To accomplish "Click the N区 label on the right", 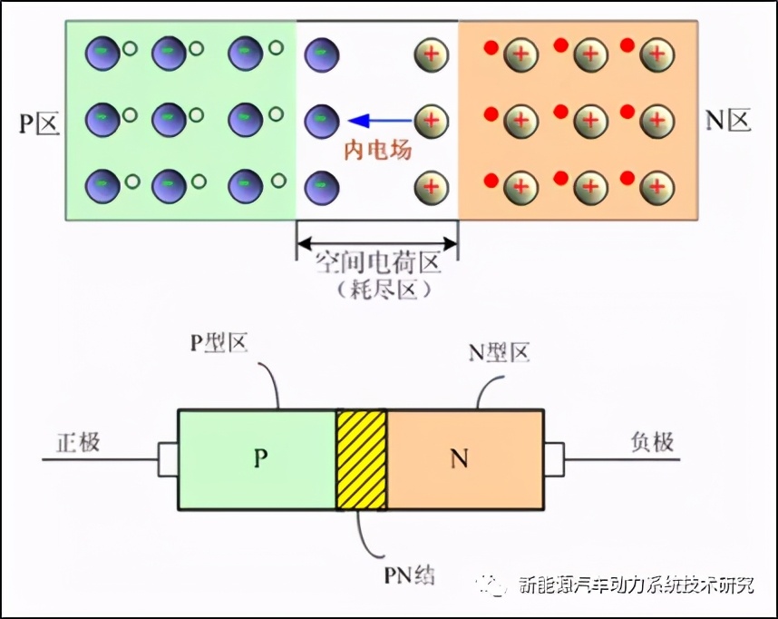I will point(729,120).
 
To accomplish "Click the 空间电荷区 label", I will point(377,264).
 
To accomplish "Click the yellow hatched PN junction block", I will point(361,459).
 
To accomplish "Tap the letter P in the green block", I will point(259,459).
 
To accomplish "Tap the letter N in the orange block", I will point(460,459).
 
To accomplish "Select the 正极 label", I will point(78,443).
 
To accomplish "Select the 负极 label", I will point(652,442).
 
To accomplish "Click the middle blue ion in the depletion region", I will point(321,120).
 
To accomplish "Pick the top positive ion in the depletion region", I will point(432,54).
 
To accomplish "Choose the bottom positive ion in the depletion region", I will point(432,188).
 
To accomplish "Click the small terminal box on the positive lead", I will point(168,459).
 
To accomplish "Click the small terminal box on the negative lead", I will point(554,459).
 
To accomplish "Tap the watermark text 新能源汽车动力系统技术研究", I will point(635,585).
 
